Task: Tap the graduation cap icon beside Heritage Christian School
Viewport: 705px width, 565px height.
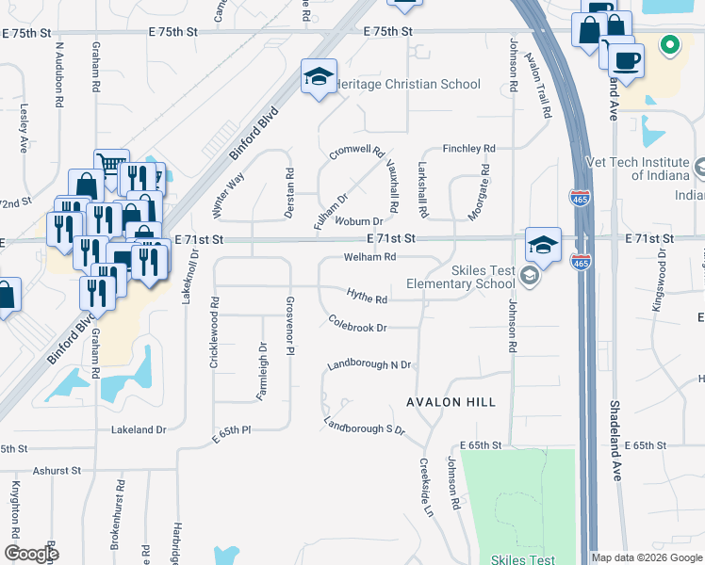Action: tap(319, 76)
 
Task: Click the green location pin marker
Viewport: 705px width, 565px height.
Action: tap(670, 44)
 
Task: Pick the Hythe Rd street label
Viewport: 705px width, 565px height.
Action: tap(368, 299)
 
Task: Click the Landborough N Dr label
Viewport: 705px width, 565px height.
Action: tap(369, 364)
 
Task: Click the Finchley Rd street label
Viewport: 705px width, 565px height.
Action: tap(468, 149)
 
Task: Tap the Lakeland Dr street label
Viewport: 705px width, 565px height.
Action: tap(139, 429)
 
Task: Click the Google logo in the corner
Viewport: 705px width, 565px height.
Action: tap(30, 554)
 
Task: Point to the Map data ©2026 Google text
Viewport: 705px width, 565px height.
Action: tap(647, 557)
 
